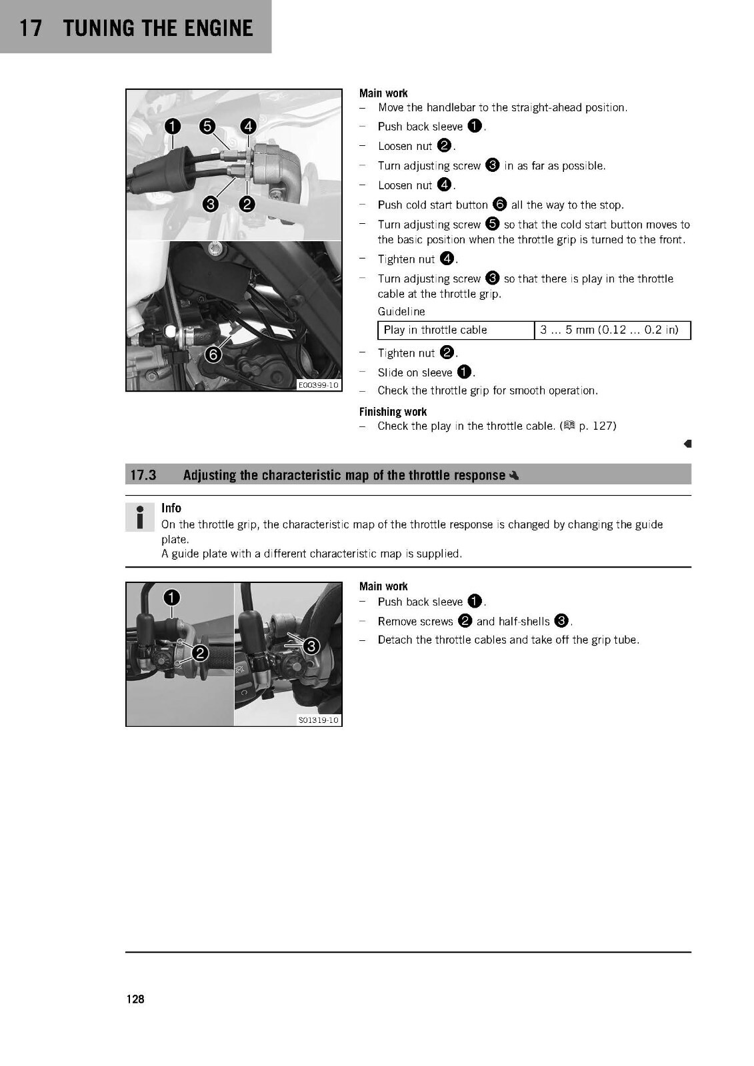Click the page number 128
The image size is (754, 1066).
coord(135,999)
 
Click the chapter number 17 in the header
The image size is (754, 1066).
coord(31,28)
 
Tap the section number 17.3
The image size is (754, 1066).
coord(143,475)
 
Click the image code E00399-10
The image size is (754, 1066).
coord(318,384)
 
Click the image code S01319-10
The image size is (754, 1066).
coord(318,720)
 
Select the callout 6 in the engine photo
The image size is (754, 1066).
coord(213,354)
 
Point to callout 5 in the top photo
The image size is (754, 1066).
coord(207,126)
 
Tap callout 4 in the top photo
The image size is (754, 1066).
coord(248,126)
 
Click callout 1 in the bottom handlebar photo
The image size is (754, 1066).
coord(172,597)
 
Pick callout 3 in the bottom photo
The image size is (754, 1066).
coord(311,646)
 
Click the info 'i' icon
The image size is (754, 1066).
coord(139,517)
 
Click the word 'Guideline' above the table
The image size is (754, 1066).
coord(401,311)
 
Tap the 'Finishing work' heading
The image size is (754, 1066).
coord(393,412)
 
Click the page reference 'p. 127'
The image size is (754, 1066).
coord(597,426)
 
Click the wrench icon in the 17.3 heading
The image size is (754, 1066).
coord(513,476)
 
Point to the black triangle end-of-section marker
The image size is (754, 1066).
coord(687,444)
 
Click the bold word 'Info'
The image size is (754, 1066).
coord(171,508)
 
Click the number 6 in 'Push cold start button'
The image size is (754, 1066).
coord(499,205)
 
